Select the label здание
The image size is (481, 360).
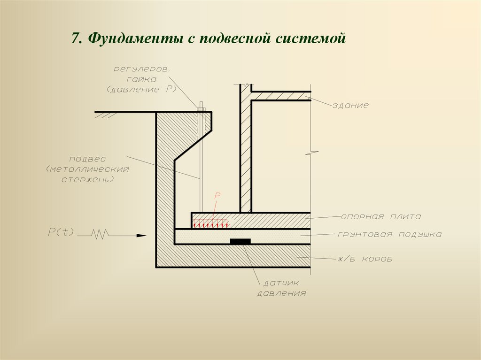click(350, 106)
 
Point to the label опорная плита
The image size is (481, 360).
click(381, 217)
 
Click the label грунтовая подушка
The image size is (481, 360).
click(389, 234)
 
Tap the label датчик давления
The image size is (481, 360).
click(281, 288)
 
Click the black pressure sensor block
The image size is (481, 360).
click(240, 241)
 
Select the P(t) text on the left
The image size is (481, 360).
click(61, 231)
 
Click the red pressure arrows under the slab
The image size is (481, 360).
click(210, 224)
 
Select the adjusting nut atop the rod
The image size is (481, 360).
click(201, 108)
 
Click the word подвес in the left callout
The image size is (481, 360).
click(88, 159)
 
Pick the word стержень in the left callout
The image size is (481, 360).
click(88, 179)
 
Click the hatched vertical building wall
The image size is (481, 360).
click(246, 155)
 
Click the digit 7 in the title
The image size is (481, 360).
click(75, 38)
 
